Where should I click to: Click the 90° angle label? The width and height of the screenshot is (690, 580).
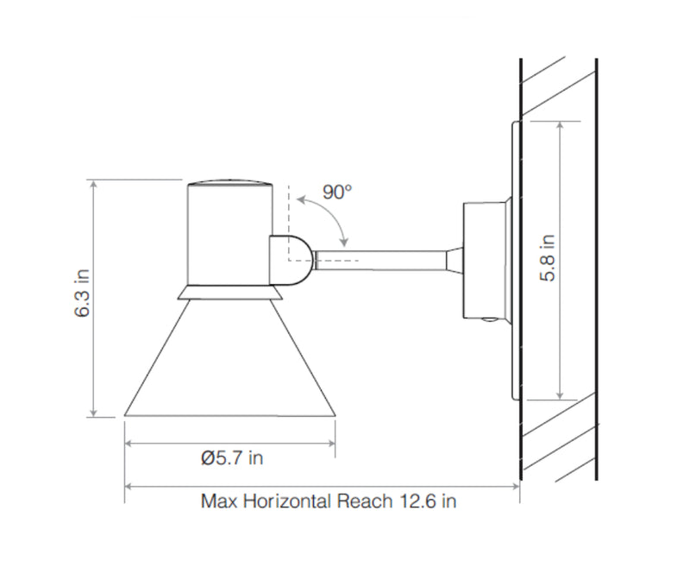point(337,192)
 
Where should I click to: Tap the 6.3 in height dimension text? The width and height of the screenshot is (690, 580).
point(82,293)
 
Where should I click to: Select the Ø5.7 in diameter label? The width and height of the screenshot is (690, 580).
point(232,458)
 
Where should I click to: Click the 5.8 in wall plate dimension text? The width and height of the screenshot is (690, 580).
point(548,258)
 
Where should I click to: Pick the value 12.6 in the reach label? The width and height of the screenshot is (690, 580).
point(416,501)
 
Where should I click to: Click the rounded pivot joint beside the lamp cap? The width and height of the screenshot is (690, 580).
point(292,261)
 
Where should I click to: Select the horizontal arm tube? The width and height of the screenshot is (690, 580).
point(381,260)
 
